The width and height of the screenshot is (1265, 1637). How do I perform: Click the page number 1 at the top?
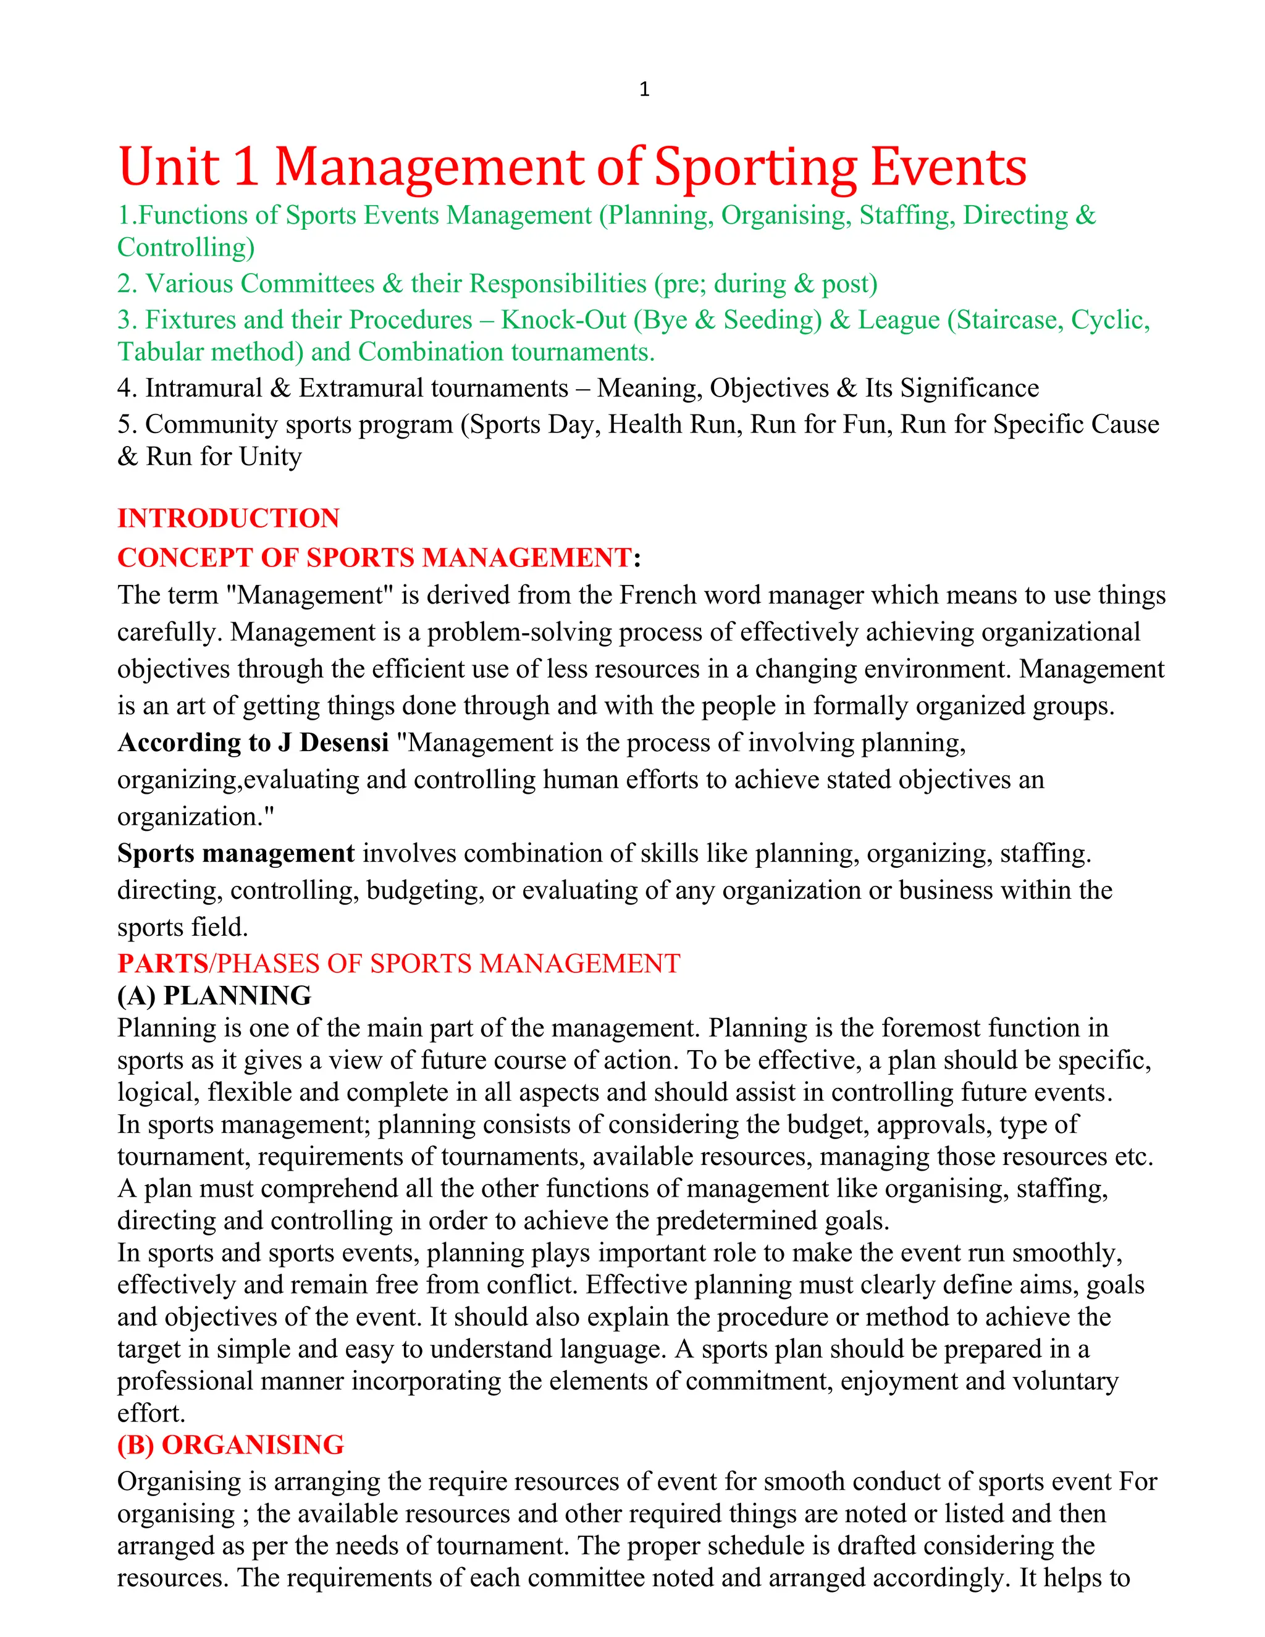pyautogui.click(x=644, y=90)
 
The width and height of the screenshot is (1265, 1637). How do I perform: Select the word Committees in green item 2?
pyautogui.click(x=307, y=284)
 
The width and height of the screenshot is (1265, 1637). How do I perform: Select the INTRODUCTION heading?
pyautogui.click(x=229, y=518)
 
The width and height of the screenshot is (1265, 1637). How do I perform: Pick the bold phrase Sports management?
pyautogui.click(x=235, y=854)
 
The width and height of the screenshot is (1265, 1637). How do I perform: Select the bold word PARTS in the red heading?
pyautogui.click(x=162, y=963)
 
